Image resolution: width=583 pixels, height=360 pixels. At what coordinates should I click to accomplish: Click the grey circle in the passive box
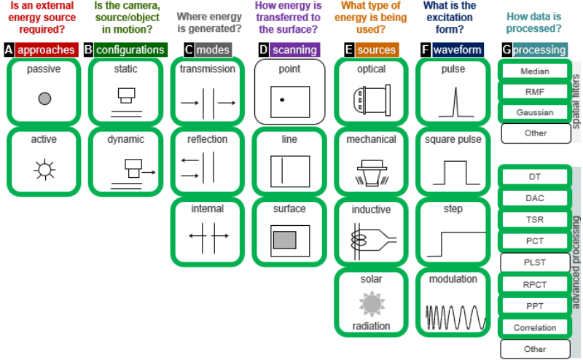point(44,98)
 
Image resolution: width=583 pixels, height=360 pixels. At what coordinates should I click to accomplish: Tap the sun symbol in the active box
point(44,170)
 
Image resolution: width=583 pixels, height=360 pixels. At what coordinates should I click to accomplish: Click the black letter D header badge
point(263,50)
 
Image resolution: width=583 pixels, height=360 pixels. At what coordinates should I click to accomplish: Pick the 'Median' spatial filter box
point(535,71)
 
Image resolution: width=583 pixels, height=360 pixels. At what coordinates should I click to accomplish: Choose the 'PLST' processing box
point(535,262)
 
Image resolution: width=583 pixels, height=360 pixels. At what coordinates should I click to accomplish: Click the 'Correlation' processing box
point(535,328)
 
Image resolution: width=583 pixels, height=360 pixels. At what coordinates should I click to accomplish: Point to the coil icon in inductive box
point(364,238)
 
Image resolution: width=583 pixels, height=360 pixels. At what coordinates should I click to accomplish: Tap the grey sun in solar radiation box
point(372,302)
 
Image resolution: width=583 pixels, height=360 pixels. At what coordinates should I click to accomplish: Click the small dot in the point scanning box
point(282,98)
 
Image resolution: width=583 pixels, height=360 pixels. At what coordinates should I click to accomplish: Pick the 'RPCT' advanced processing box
point(535,284)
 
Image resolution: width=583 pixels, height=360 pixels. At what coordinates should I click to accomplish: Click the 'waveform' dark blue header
point(457,50)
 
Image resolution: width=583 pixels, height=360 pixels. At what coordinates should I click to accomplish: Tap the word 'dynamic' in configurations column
point(125,139)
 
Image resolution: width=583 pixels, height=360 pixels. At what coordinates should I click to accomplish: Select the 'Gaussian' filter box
point(535,113)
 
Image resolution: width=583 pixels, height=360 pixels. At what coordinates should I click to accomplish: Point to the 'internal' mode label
point(208,208)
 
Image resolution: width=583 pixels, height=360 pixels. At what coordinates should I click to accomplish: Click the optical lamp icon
point(371,99)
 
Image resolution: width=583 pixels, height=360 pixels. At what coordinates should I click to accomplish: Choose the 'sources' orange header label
point(376,50)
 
